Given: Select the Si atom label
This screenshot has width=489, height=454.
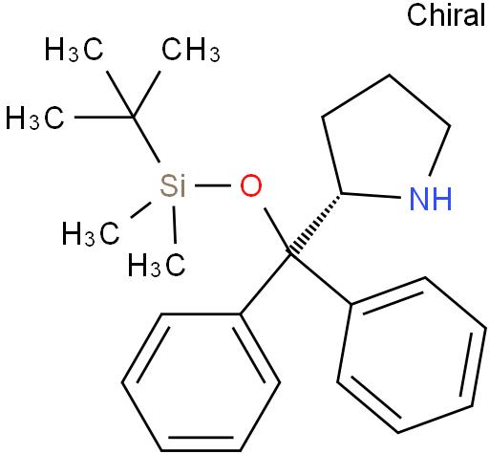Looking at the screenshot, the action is pyautogui.click(x=172, y=185).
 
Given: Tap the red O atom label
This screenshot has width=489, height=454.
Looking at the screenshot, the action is pyautogui.click(x=251, y=185).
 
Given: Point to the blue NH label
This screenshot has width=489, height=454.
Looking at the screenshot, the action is pyautogui.click(x=431, y=199).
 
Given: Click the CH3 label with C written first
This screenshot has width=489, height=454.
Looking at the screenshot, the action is pyautogui.click(x=191, y=50).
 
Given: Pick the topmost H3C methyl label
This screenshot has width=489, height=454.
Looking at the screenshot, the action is pyautogui.click(x=74, y=50).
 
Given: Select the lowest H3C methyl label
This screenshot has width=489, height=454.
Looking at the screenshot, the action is pyautogui.click(x=157, y=265).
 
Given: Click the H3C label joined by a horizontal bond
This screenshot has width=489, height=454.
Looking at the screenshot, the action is pyautogui.click(x=35, y=118).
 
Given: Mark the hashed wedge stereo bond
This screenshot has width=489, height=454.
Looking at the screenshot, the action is pyautogui.click(x=315, y=224).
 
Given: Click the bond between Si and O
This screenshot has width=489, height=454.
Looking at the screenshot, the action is pyautogui.click(x=213, y=185).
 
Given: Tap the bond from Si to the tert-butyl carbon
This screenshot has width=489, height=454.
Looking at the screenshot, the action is pyautogui.click(x=146, y=140).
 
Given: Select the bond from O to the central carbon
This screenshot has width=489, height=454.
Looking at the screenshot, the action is pyautogui.click(x=277, y=230).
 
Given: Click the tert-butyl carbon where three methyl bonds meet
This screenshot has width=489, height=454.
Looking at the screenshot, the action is pyautogui.click(x=133, y=118).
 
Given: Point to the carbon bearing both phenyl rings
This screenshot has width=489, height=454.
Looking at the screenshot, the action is pyautogui.click(x=290, y=254).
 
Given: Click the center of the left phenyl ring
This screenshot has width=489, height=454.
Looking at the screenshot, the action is pyautogui.click(x=201, y=382).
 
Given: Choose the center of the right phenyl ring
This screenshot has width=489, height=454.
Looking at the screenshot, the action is pyautogui.click(x=412, y=355).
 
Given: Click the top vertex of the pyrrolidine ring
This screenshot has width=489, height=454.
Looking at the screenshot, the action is pyautogui.click(x=390, y=76).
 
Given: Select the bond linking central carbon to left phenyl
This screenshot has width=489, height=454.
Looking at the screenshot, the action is pyautogui.click(x=266, y=284).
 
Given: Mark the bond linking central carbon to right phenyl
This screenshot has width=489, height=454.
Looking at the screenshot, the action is pyautogui.click(x=321, y=279).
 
